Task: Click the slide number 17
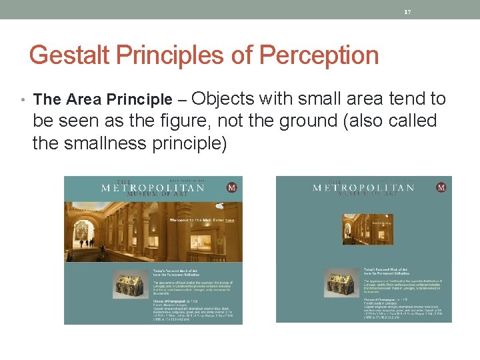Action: (407, 11)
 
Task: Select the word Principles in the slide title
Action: (169, 55)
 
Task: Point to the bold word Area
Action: (83, 100)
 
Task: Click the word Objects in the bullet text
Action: (223, 99)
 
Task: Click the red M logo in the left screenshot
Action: (232, 188)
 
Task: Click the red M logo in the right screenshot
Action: (441, 188)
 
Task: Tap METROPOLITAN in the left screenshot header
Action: (153, 189)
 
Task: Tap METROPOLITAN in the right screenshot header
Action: (363, 188)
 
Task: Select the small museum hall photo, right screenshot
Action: (358, 229)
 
